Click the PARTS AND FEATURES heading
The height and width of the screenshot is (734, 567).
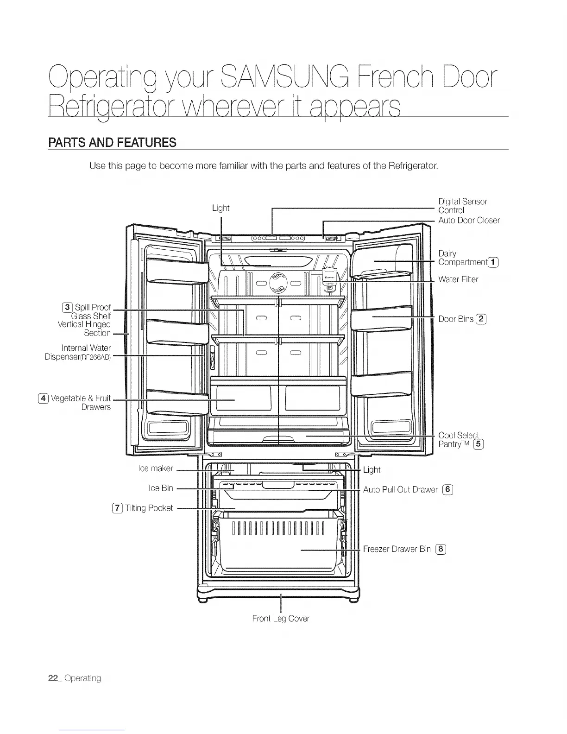[112, 142]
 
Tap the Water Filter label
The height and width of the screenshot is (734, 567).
[458, 279]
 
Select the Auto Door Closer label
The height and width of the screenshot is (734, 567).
[469, 220]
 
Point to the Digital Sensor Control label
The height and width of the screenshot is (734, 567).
[462, 206]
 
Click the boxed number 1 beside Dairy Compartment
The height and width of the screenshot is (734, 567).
[494, 262]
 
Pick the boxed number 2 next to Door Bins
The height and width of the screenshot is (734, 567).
[482, 318]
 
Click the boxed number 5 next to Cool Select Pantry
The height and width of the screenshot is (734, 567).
[479, 445]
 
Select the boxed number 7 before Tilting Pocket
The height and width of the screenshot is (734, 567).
[118, 508]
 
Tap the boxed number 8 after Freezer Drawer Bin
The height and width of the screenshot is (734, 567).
[441, 549]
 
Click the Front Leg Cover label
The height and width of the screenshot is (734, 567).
[281, 619]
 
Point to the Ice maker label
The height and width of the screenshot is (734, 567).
[156, 468]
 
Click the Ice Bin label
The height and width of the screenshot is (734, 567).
[161, 488]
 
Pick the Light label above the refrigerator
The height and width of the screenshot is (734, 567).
[220, 208]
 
